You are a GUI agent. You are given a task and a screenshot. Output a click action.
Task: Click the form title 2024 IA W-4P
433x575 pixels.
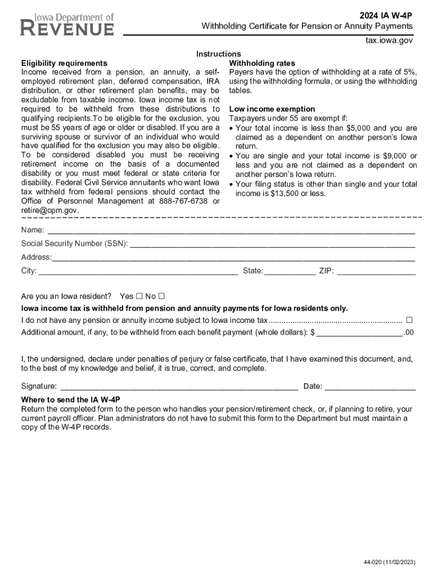[387, 16]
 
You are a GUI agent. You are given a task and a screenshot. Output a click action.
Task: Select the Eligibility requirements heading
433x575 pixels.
[64, 63]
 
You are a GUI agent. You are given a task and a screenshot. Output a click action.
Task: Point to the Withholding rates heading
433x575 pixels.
[262, 63]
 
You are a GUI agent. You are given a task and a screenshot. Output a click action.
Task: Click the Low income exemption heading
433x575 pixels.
[272, 109]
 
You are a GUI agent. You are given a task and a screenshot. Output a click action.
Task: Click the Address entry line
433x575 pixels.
[233, 258]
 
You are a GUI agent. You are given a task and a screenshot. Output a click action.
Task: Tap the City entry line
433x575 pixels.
[138, 272]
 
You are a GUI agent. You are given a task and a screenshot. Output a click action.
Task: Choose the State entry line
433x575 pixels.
[290, 272]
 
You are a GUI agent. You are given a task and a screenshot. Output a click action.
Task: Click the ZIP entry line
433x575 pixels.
[376, 272]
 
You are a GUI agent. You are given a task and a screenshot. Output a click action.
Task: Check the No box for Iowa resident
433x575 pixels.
[162, 296]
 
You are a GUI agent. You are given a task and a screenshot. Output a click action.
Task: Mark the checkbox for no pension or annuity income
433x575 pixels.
[409, 320]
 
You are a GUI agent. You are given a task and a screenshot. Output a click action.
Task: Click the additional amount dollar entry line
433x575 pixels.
[359, 332]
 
